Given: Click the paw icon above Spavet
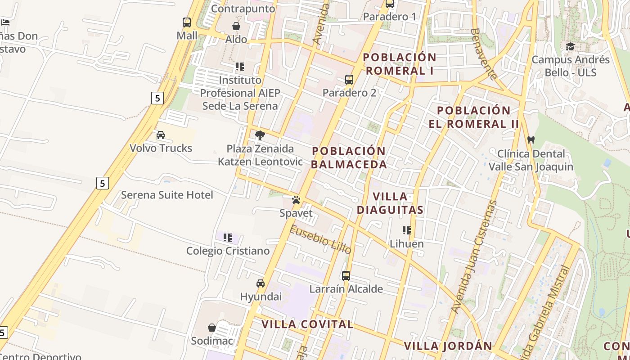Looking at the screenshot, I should (x=296, y=200).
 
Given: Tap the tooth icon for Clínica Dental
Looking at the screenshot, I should (x=531, y=140).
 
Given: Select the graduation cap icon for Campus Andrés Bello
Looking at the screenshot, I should (x=570, y=46).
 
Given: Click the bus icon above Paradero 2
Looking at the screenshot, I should (x=349, y=80).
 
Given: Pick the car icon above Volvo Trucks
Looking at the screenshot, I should (x=161, y=135).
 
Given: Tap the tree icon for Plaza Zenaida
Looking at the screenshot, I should (x=260, y=135).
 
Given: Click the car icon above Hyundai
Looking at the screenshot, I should (x=261, y=283).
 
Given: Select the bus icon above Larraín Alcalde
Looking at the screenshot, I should (x=346, y=275).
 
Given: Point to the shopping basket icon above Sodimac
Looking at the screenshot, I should (x=212, y=328).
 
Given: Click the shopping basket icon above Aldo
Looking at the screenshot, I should (x=236, y=26).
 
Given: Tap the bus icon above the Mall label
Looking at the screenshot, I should (x=187, y=22).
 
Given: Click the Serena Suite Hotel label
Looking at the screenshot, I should (x=167, y=195).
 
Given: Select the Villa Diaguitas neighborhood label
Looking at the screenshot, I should (x=390, y=203).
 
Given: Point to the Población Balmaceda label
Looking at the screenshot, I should (x=349, y=157).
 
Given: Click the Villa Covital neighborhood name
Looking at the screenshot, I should (x=307, y=324).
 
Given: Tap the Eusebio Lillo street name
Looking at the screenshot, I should (x=320, y=240).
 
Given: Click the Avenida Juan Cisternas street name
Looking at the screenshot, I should (x=474, y=257).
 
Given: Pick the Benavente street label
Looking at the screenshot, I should (x=484, y=54).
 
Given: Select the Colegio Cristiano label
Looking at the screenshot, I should (x=228, y=251).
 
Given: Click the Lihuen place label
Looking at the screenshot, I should (x=406, y=243).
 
